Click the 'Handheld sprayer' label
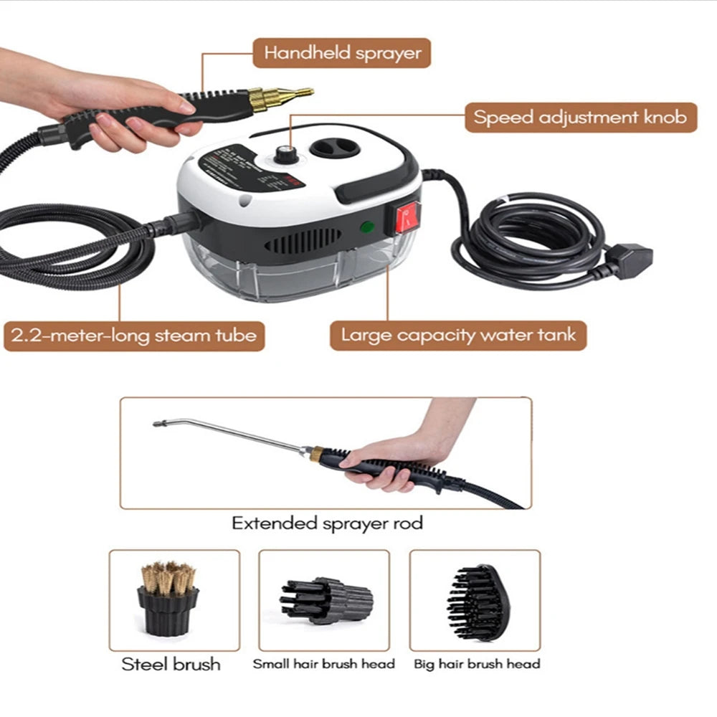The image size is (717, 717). pos(342,53)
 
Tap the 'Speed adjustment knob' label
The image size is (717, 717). pos(580,117)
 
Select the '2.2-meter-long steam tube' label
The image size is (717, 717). pos(134,336)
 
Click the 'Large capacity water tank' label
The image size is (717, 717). pos(458,336)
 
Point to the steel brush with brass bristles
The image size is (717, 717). pos(168,598)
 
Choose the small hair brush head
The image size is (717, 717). pos(326,599)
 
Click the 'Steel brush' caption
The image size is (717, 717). pos(171,664)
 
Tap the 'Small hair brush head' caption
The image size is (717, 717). pos(324,664)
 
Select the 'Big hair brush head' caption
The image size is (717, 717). pos(477,664)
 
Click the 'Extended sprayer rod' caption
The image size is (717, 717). pos(327,523)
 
